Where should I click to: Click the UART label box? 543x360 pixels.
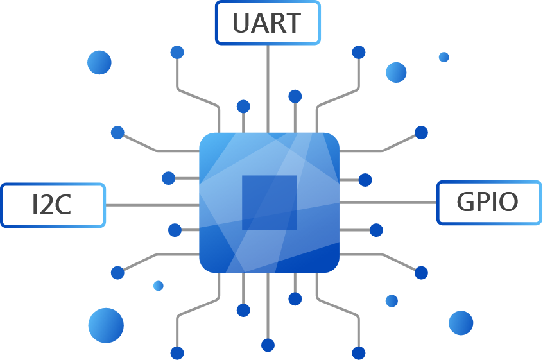[268, 23]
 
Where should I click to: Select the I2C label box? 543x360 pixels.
[53, 205]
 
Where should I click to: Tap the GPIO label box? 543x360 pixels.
[489, 203]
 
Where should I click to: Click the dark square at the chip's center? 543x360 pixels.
[269, 202]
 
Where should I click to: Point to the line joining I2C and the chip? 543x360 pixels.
[151, 205]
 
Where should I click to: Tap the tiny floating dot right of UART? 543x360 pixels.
[444, 57]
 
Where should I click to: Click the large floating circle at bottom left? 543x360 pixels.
[106, 325]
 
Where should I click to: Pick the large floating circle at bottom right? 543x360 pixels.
[461, 323]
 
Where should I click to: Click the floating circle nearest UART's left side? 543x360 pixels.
[99, 62]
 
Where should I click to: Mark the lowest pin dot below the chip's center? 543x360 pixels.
[268, 345]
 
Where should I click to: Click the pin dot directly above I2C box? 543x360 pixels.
[168, 178]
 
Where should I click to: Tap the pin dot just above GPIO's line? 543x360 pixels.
[365, 180]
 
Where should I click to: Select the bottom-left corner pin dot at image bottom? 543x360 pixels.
[177, 353]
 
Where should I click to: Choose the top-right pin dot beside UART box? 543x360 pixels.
[359, 52]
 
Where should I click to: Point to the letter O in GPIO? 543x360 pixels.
[508, 203]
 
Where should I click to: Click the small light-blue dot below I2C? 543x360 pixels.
[158, 286]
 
